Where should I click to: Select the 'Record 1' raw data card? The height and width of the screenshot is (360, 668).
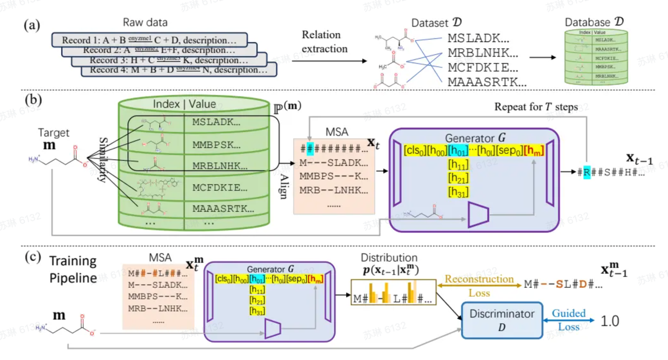click(149, 40)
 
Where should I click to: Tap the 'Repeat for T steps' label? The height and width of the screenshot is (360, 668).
click(536, 107)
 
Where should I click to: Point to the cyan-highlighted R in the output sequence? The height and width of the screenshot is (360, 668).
click(586, 171)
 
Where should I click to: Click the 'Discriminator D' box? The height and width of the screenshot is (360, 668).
click(501, 320)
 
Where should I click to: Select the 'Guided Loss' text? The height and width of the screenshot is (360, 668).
click(568, 320)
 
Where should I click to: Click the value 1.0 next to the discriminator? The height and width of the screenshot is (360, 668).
click(608, 320)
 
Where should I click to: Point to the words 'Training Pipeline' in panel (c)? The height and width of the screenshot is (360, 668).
click(73, 269)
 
